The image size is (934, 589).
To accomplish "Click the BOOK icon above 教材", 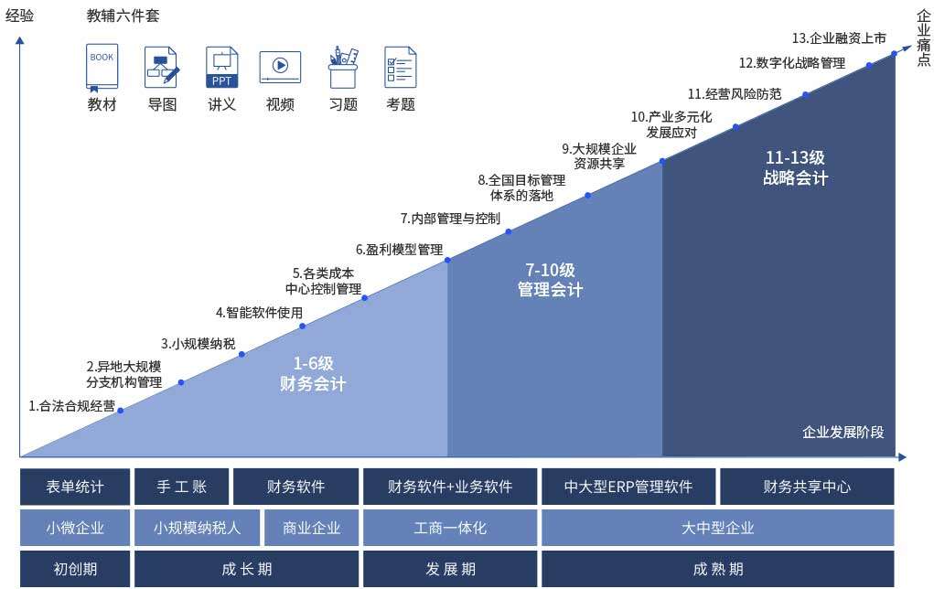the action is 102,68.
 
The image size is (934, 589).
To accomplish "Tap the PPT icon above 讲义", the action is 221,68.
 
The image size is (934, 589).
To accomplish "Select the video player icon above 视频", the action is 280,68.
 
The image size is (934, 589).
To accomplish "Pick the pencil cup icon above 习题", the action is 343,68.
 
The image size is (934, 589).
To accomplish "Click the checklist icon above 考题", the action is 401,68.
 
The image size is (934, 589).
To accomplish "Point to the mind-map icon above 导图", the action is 162,68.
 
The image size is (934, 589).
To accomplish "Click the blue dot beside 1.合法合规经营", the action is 121,411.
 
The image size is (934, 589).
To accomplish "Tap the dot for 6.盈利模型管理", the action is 447,260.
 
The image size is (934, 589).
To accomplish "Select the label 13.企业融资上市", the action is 839,38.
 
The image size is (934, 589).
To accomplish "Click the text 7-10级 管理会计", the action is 550,279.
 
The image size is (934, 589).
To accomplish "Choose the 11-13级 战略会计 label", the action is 795,167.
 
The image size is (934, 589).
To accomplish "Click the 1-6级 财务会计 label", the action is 313,373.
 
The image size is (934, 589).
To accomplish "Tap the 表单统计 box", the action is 75,487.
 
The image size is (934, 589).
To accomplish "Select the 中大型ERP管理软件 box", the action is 628,487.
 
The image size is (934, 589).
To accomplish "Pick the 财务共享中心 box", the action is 807,487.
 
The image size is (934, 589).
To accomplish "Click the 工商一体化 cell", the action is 450,528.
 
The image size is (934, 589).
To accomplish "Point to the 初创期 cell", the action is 75,569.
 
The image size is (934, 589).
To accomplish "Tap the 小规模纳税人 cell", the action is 198,528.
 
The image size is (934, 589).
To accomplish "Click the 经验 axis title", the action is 19,16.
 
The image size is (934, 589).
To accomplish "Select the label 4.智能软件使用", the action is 259,313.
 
